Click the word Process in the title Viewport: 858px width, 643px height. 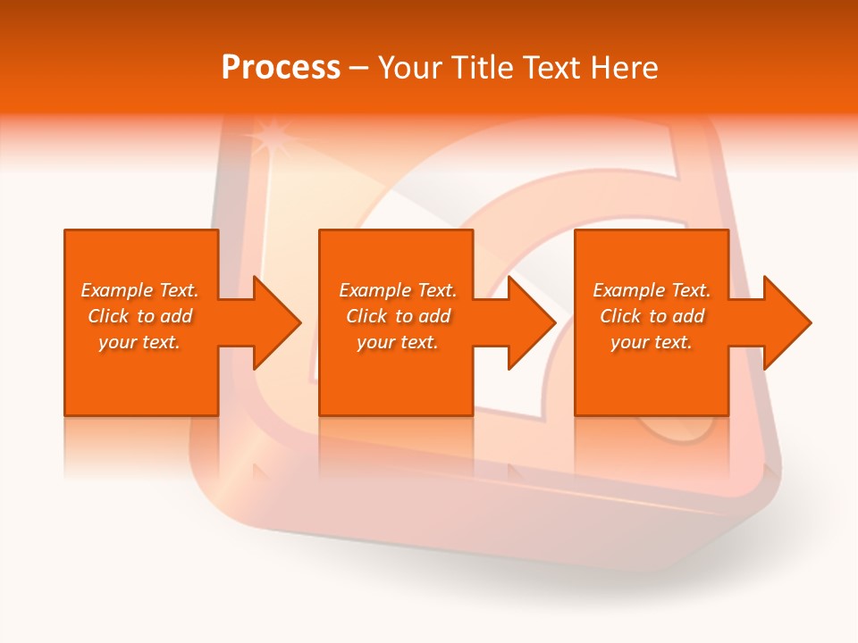[x=281, y=68]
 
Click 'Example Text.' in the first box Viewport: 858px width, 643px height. [x=139, y=290]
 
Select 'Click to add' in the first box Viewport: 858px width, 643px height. [x=139, y=316]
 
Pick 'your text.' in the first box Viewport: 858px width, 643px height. [x=139, y=342]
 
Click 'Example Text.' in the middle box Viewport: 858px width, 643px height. [x=398, y=290]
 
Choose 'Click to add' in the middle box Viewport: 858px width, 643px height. [x=398, y=316]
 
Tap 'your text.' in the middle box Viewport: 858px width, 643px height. [x=398, y=342]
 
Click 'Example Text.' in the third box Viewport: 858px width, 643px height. [x=652, y=290]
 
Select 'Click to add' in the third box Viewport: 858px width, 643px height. [x=652, y=316]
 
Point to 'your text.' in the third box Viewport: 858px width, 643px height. [x=652, y=342]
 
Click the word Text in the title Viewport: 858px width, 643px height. [x=550, y=68]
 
